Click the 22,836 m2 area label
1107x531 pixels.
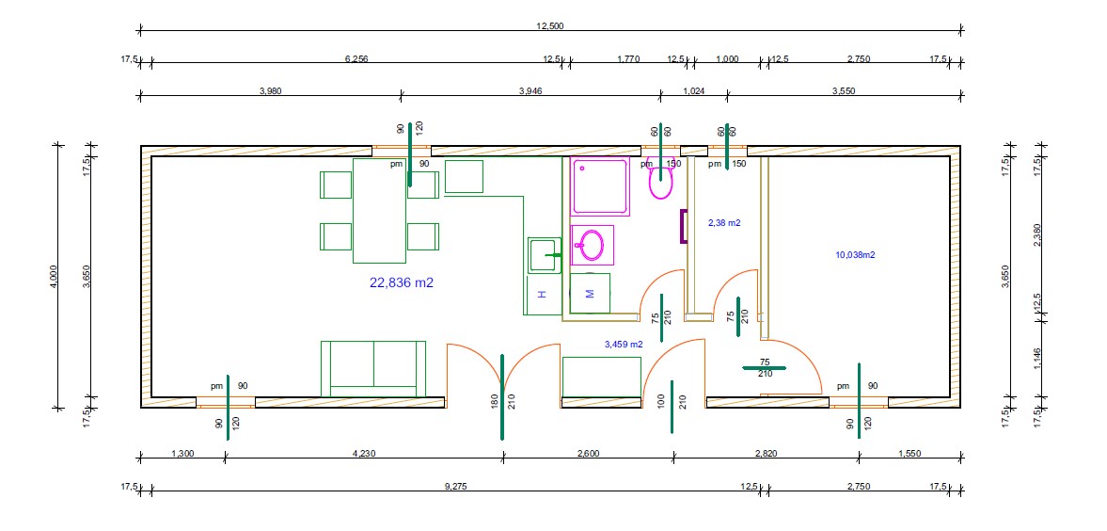[401, 282]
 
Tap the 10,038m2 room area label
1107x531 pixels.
[855, 255]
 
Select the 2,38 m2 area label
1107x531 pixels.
[724, 223]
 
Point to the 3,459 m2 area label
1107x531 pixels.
[625, 345]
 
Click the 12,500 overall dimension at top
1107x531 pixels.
[550, 26]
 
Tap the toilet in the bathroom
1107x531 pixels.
[661, 180]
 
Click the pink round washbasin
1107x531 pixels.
[592, 245]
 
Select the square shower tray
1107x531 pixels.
[600, 186]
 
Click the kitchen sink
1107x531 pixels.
[545, 255]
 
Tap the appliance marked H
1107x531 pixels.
[542, 294]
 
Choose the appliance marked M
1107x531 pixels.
[591, 293]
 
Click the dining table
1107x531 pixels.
[379, 211]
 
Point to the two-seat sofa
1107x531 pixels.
[373, 369]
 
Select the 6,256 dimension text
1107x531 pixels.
[356, 59]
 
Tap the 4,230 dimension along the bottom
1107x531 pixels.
[364, 454]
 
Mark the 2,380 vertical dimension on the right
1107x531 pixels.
[1036, 234]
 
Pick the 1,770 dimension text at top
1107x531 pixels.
[628, 59]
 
